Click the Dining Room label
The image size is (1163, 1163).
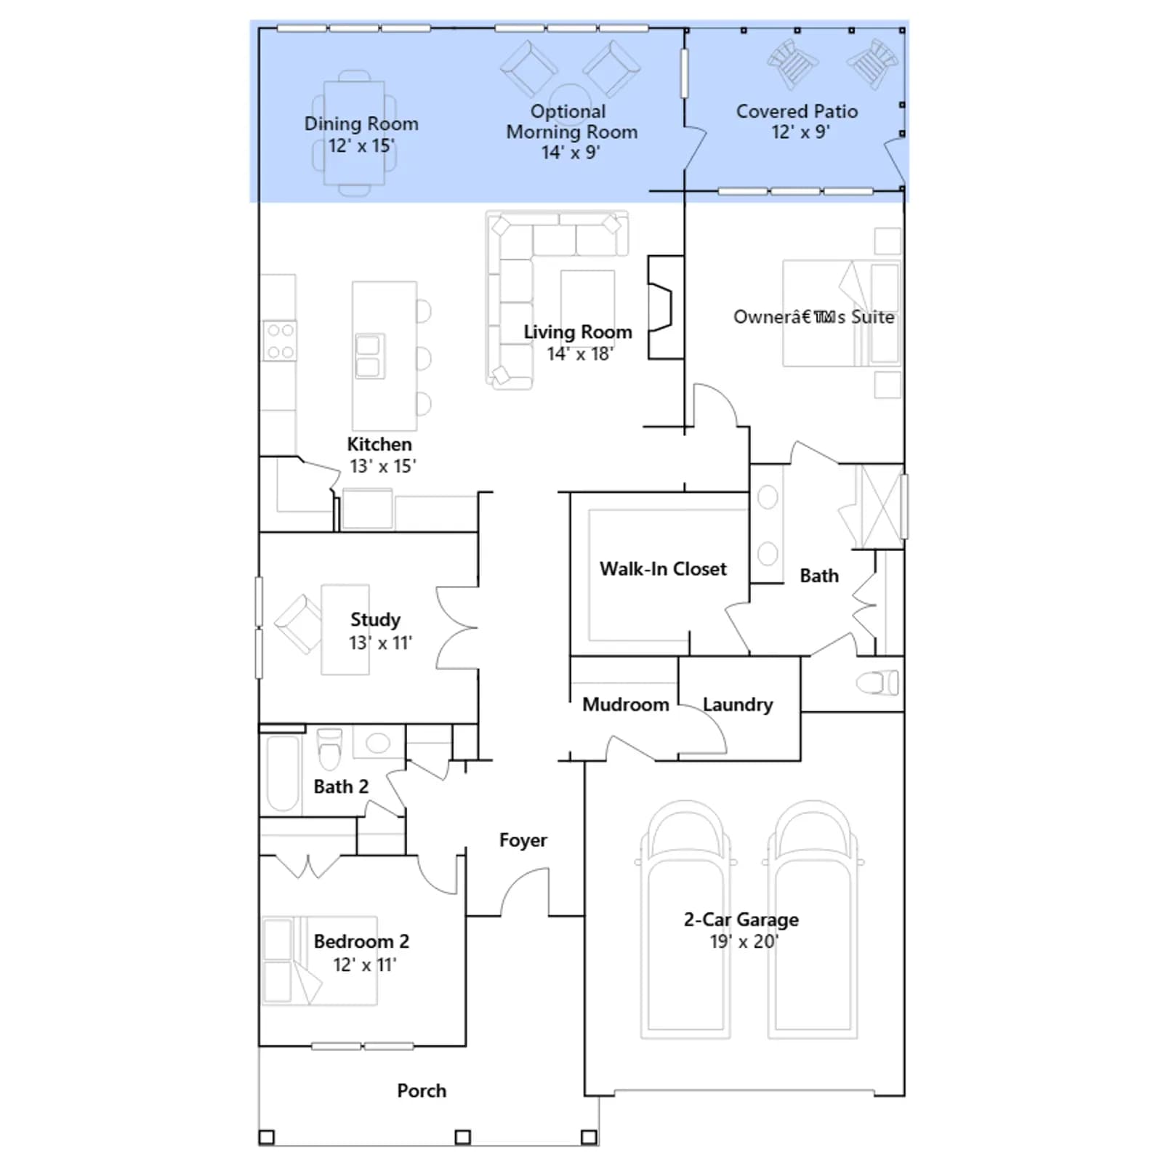pos(361,124)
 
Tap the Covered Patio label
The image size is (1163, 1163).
pos(797,111)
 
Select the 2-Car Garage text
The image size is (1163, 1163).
pos(741,919)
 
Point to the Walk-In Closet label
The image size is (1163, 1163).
pos(663,568)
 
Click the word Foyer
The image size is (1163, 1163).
pos(523,840)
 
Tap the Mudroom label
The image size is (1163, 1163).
pos(625,704)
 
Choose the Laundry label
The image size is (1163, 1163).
pos(738,704)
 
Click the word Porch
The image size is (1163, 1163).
pos(422,1090)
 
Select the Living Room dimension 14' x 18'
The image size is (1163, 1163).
pos(580,354)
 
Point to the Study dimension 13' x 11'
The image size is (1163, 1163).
pos(380,643)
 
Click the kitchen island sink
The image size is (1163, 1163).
pos(369,356)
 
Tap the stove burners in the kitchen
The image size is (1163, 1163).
pos(280,341)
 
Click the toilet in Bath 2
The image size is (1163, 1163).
pos(329,748)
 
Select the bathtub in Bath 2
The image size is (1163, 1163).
pos(283,773)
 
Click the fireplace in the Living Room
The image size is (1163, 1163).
pos(665,307)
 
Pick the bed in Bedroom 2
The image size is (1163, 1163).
pos(320,960)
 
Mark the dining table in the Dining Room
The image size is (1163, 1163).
pos(354,133)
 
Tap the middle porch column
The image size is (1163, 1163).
pos(462,1137)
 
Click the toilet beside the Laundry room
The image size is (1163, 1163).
pos(877,683)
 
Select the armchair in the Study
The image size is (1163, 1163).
pos(299,623)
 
